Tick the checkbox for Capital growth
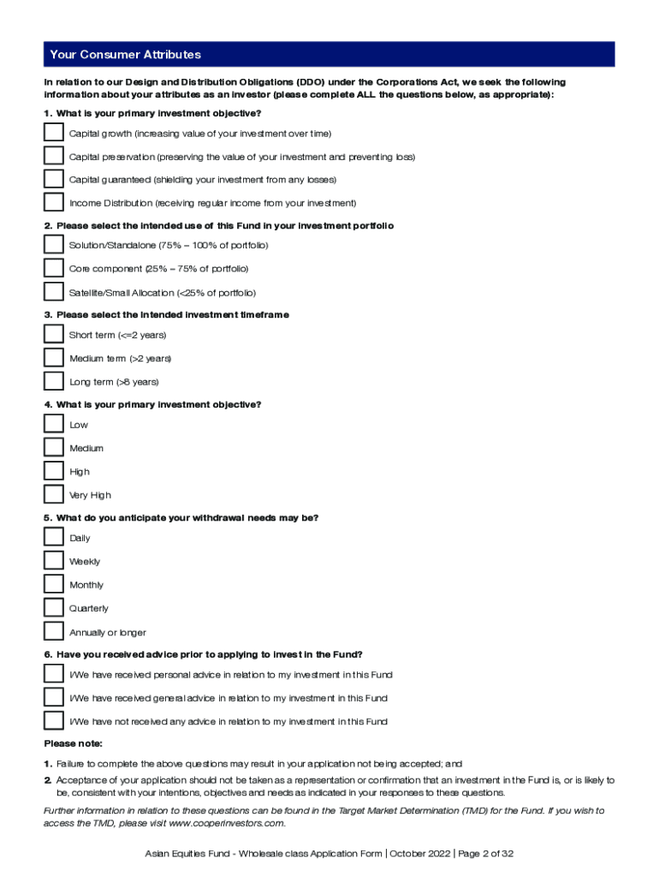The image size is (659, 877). pos(53,133)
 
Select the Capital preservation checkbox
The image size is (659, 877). pos(53,156)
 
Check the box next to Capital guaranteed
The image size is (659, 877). pos(53,179)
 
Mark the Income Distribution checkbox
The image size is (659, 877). pos(53,203)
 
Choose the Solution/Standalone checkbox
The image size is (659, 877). pos(53,245)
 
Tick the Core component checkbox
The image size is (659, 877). pos(53,268)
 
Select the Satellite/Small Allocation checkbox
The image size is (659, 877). pos(53,292)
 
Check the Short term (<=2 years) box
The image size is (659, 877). pos(53,334)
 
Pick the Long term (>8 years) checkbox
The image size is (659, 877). pos(53,381)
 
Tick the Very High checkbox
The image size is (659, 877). pos(53,494)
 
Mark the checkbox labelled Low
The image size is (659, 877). pos(53,424)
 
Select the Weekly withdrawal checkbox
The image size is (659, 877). pos(53,561)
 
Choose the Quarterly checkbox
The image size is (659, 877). pos(53,608)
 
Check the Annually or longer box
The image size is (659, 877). pos(53,632)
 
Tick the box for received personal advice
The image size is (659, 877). pos(53,674)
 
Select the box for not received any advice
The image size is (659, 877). pos(53,721)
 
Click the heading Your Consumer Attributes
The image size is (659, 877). pos(125,55)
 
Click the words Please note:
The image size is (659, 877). pos(73,743)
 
